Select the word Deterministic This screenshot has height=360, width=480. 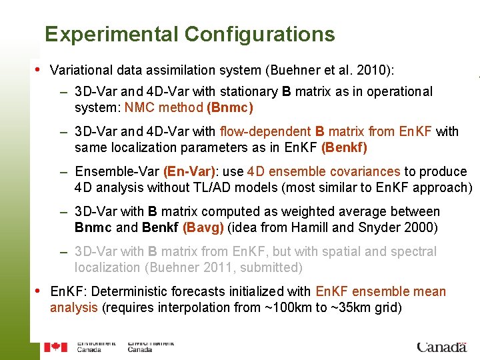point(143,291)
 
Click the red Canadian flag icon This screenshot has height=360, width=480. point(56,347)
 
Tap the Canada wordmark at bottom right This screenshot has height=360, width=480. point(441,347)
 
